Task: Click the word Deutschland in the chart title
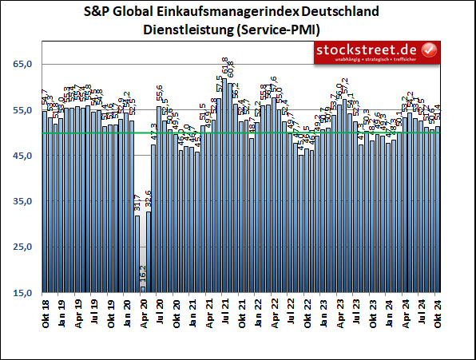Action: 339,14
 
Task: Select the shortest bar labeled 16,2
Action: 143,290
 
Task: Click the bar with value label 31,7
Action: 137,255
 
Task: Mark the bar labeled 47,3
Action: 153,220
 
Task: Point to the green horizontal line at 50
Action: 240,133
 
